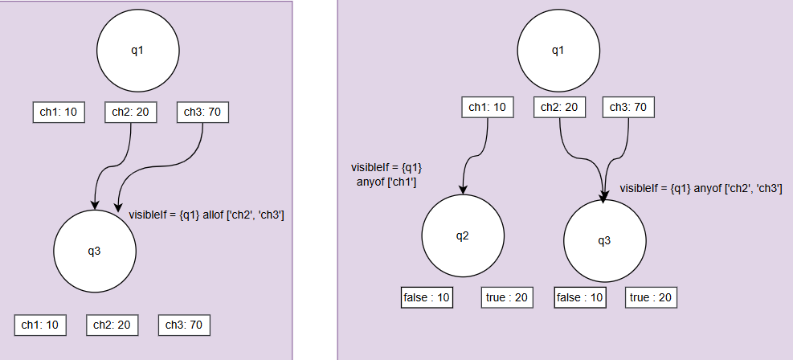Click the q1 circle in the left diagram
pos(137,51)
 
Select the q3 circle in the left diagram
pos(94,252)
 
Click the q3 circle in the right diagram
pos(604,240)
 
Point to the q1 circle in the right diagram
pos(558,51)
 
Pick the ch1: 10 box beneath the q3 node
pos(40,325)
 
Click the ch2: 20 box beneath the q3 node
pos(112,325)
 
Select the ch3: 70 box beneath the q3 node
pos(184,325)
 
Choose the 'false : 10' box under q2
pos(427,297)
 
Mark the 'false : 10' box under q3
pos(580,297)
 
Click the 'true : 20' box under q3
pos(652,297)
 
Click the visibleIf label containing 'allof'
pos(206,215)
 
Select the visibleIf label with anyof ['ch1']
pos(386,174)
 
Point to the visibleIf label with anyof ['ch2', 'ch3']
pos(701,188)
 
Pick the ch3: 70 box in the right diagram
pos(628,107)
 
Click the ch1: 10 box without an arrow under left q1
pos(58,112)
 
